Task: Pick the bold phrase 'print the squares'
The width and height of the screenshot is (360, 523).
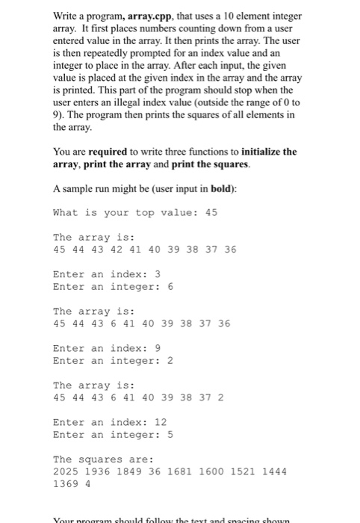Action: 218,164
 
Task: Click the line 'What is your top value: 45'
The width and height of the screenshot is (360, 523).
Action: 134,212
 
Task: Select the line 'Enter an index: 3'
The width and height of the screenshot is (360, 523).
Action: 107,273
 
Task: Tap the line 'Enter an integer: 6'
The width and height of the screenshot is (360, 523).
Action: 113,286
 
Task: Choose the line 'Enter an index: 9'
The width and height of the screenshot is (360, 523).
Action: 107,347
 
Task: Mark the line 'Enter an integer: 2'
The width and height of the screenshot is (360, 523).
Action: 113,360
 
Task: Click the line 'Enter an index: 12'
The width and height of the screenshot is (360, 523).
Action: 110,421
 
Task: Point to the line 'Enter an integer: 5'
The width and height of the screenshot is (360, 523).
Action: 113,434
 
